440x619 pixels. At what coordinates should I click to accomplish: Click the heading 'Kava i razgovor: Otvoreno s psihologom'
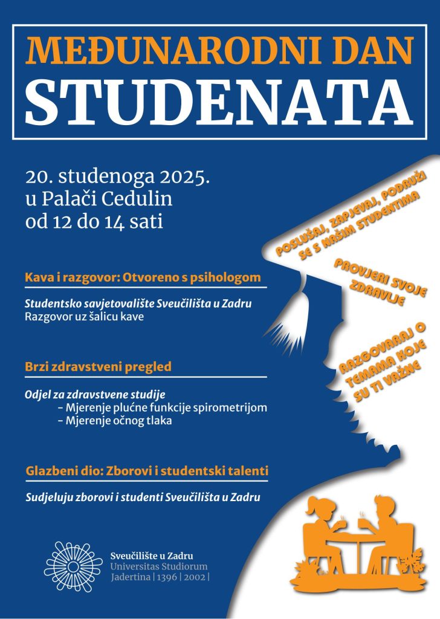click(x=143, y=278)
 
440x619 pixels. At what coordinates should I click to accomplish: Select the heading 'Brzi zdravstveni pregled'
click(x=98, y=366)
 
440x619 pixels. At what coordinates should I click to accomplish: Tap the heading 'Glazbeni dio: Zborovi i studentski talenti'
click(x=147, y=470)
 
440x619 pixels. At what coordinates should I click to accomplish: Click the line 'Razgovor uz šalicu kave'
click(x=85, y=317)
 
